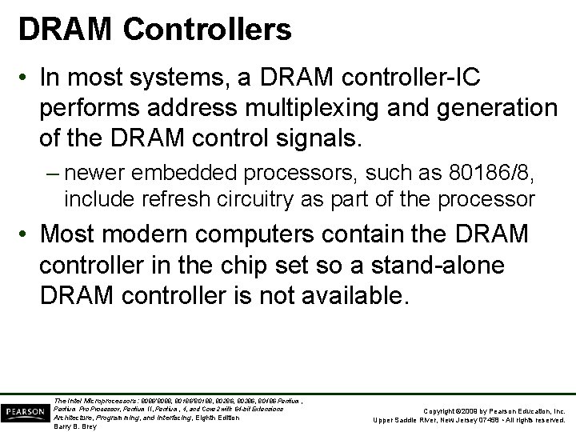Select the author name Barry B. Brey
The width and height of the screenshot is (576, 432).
(76, 426)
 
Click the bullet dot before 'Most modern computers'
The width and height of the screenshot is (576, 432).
(26, 235)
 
